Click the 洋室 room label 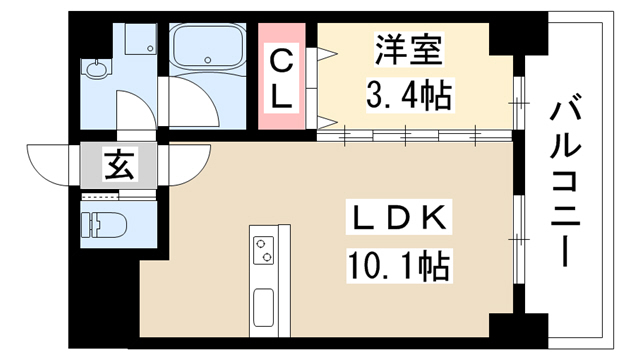[409, 50]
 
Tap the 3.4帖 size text [409, 96]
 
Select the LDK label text [398, 217]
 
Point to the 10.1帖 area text [398, 266]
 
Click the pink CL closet [282, 76]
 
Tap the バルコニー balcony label [565, 180]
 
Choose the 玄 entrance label [119, 164]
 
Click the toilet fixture [104, 224]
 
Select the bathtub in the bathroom [207, 46]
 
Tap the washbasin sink [97, 69]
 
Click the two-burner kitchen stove [263, 250]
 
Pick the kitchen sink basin [263, 307]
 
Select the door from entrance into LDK [189, 164]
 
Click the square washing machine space [141, 39]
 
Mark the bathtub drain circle [208, 60]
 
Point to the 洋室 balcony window [518, 103]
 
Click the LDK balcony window [518, 239]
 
